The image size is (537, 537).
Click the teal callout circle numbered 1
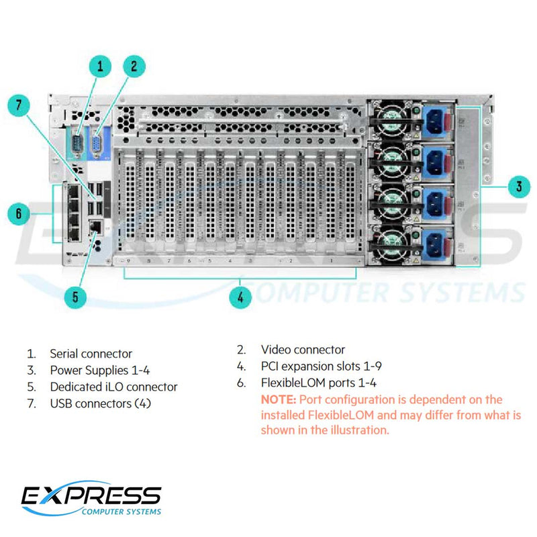[101, 65]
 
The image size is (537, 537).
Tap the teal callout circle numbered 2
[134, 65]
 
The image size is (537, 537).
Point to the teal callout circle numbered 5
[79, 297]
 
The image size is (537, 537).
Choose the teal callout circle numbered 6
[19, 213]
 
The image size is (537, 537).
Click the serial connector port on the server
[78, 144]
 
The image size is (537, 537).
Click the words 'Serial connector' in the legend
[91, 354]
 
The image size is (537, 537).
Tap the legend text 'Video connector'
[303, 350]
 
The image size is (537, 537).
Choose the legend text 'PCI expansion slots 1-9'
[322, 367]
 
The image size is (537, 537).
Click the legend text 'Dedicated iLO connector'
[113, 387]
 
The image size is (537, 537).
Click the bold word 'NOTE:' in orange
[279, 400]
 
